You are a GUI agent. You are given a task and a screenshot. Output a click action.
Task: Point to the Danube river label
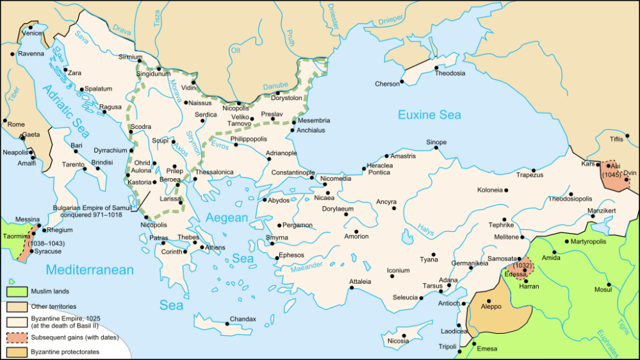(275, 86)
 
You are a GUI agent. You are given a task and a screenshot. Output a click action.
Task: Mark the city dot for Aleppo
(489, 301)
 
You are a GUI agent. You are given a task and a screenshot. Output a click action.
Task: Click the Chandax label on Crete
(243, 319)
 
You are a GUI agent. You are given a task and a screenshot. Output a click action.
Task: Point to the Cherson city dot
(402, 82)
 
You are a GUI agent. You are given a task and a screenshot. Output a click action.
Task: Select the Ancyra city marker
(394, 208)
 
